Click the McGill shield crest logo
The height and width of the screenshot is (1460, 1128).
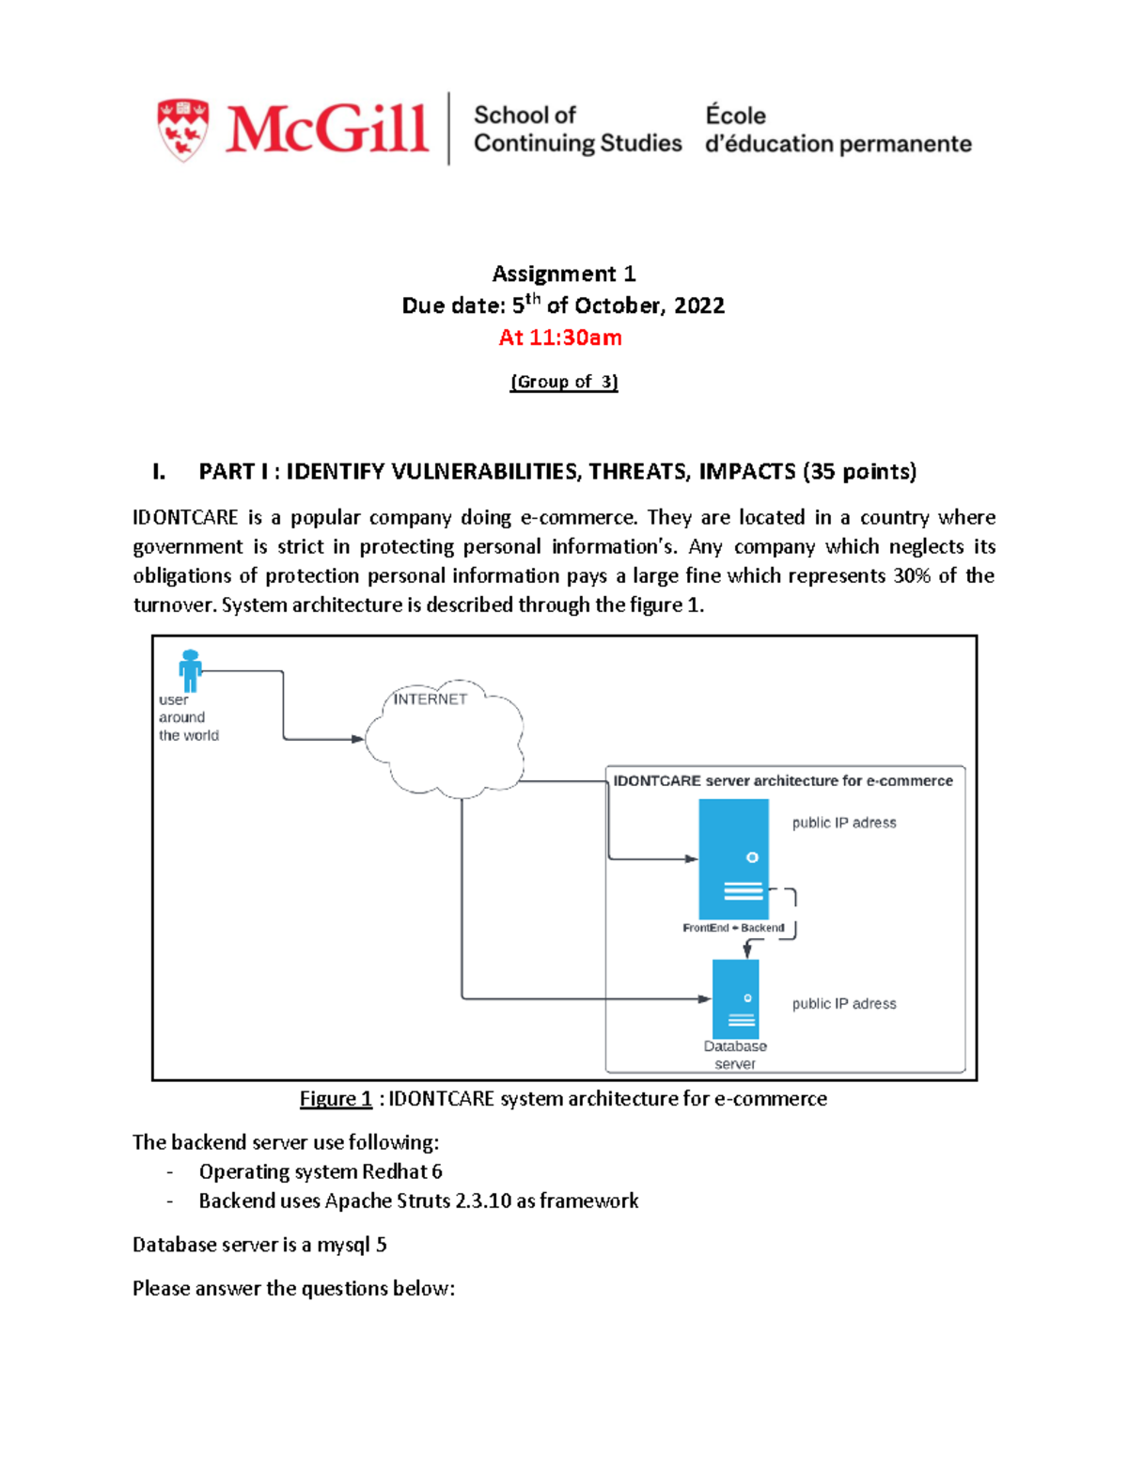[x=183, y=130]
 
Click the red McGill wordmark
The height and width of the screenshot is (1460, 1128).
[x=326, y=129]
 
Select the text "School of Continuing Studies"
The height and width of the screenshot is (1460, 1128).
[x=577, y=129]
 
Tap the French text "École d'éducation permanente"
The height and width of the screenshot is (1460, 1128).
[x=838, y=130]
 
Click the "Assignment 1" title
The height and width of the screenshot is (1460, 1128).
[x=564, y=274]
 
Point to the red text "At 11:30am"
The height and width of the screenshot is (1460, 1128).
[x=560, y=338]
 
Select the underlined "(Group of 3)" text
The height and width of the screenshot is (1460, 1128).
[x=564, y=382]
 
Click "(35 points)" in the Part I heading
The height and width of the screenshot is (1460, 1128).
[x=859, y=471]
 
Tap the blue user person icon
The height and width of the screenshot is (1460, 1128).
[x=191, y=670]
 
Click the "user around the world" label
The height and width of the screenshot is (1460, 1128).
[x=188, y=718]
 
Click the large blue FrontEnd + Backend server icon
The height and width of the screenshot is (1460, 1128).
[x=733, y=857]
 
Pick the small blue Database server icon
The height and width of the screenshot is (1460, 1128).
[x=735, y=998]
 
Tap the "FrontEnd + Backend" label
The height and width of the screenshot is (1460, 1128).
[x=733, y=928]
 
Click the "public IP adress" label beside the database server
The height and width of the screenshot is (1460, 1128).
[x=844, y=1004]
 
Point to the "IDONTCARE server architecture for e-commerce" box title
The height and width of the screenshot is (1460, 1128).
[x=783, y=781]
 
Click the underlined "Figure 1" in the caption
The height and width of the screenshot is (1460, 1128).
[x=336, y=1099]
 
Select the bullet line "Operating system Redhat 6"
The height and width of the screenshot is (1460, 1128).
[x=321, y=1171]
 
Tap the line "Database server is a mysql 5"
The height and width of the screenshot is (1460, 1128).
[x=259, y=1245]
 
